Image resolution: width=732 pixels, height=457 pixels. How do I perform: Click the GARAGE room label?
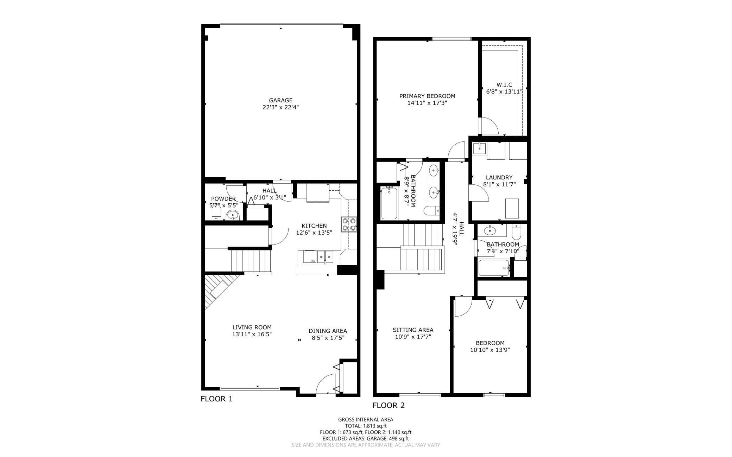[x=280, y=100]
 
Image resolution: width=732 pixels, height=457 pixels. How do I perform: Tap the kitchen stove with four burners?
[x=349, y=224]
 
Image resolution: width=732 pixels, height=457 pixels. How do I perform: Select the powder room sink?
[x=232, y=215]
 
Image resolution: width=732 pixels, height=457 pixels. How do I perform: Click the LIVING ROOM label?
[x=252, y=327]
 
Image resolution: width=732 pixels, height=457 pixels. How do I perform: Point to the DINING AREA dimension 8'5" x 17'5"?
[x=328, y=338]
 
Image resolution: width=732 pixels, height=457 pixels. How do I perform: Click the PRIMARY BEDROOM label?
[x=427, y=96]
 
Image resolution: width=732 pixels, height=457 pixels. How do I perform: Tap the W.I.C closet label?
[x=504, y=85]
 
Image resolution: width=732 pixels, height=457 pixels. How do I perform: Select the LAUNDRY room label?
[x=499, y=177]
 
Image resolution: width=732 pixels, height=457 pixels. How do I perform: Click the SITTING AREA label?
[x=413, y=330]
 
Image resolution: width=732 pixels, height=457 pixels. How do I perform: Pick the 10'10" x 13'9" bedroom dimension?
[x=490, y=350]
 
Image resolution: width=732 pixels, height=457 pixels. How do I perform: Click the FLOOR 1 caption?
[x=216, y=399]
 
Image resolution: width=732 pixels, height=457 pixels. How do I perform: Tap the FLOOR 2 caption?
[x=389, y=405]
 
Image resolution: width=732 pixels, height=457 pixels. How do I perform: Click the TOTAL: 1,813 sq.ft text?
[x=366, y=426]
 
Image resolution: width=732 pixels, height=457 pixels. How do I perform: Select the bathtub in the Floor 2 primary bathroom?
[x=389, y=203]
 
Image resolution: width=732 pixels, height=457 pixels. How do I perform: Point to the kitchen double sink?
[x=325, y=257]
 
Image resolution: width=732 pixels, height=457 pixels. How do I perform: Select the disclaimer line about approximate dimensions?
[x=366, y=445]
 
